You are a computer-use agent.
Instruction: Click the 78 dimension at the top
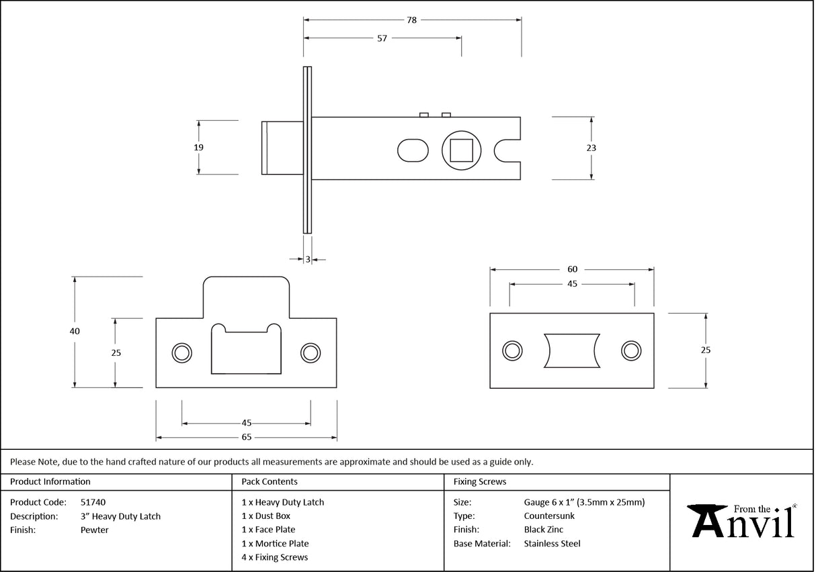click(x=411, y=20)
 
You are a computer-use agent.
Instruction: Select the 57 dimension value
click(x=382, y=38)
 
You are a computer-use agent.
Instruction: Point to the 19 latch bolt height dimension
click(x=198, y=147)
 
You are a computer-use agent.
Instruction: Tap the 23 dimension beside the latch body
click(x=591, y=148)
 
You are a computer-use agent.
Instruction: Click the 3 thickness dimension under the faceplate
click(x=308, y=259)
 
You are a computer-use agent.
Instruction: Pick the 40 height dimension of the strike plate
click(x=75, y=331)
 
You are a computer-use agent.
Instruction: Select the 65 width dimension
click(x=246, y=437)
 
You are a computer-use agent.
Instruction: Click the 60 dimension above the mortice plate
click(x=572, y=269)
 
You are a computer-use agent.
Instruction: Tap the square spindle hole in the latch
click(x=461, y=150)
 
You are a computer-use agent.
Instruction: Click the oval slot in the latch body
click(x=413, y=150)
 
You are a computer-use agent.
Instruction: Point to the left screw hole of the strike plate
click(x=181, y=352)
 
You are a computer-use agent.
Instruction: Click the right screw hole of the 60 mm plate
click(x=630, y=350)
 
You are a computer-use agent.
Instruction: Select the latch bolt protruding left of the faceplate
click(x=282, y=148)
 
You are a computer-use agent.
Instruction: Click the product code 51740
click(x=93, y=502)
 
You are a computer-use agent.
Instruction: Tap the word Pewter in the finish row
click(x=94, y=530)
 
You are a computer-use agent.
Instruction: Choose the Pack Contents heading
click(x=269, y=481)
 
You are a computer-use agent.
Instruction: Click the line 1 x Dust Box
click(x=266, y=516)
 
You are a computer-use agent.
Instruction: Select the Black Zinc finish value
click(x=544, y=530)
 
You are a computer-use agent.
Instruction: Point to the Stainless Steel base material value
click(x=552, y=544)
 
